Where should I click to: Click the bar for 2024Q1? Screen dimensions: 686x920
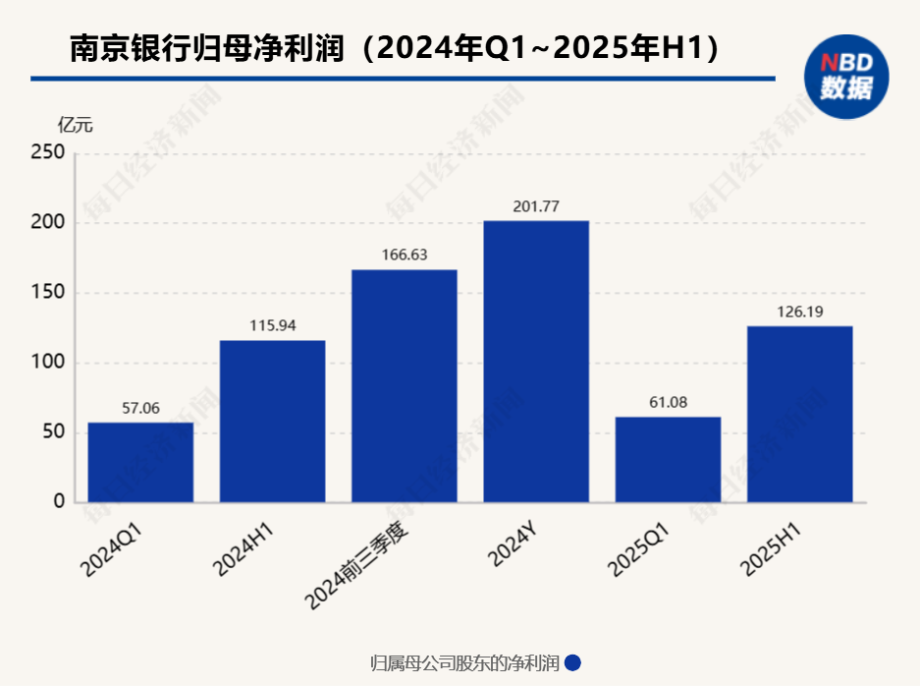coord(140,463)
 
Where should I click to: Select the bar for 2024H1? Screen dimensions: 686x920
coord(272,422)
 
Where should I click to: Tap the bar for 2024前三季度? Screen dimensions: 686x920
coord(405,386)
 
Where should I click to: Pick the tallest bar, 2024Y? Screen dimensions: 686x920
coord(536,362)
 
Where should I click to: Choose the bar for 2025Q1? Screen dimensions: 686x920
coord(668,460)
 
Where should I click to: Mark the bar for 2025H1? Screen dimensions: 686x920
coord(799,415)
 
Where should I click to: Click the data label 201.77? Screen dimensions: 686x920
coord(536,206)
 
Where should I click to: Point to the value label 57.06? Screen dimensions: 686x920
coord(140,408)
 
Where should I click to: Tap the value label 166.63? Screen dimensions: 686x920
coord(405,256)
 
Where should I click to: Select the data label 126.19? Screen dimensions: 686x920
coord(799,313)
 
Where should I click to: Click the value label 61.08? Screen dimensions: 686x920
coord(668,403)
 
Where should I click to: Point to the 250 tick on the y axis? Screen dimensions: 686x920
coord(48,153)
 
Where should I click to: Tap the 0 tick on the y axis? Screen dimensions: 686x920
coord(59,502)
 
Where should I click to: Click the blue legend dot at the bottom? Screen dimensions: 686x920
coord(573,663)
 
